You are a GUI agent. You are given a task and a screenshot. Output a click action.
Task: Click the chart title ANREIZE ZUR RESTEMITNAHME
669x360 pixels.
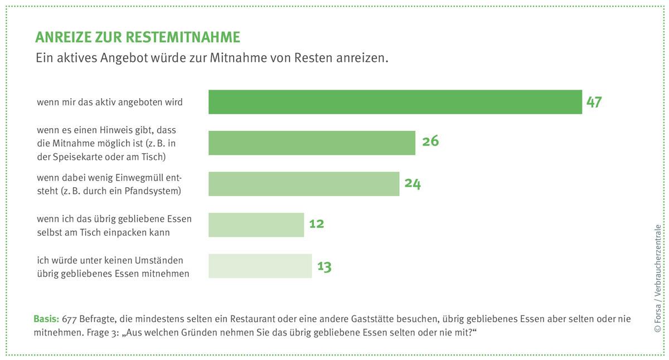pos(138,37)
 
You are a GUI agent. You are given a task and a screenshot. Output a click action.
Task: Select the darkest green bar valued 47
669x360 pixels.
pos(395,102)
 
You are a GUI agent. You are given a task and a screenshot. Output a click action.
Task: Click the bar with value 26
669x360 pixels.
pos(312,143)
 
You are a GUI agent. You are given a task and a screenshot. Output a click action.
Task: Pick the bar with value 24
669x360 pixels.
pos(304,184)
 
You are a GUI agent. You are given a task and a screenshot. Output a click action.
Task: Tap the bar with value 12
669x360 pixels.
pos(256,225)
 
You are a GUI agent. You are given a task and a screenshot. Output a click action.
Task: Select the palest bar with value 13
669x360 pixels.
pos(260,266)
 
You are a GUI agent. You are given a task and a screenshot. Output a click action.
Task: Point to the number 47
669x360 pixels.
pos(594,102)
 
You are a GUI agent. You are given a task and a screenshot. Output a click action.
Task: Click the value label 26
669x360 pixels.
pos(430,142)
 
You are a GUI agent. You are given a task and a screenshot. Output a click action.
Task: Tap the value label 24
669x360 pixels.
pos(413,183)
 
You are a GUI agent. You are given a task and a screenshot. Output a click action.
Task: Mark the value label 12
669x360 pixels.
pos(316,224)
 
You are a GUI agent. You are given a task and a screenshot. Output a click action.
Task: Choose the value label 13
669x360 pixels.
pos(324,266)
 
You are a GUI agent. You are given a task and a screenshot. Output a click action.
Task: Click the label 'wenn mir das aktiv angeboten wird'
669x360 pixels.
pos(110,103)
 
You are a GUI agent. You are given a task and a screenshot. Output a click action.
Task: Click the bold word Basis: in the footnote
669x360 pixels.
pos(47,319)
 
